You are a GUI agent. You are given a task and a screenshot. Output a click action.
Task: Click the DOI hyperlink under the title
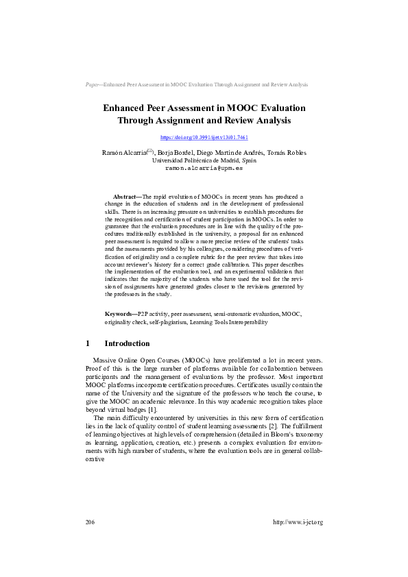click(204, 138)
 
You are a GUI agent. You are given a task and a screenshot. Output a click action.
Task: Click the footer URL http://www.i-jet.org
click(298, 522)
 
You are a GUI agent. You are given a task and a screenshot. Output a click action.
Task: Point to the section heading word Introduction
click(127, 343)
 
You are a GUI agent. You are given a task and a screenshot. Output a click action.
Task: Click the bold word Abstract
click(126, 196)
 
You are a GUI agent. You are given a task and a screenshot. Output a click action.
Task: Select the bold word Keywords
click(119, 312)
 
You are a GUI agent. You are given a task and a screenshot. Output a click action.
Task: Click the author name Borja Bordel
click(176, 152)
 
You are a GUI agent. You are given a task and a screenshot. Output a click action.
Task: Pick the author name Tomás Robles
click(287, 152)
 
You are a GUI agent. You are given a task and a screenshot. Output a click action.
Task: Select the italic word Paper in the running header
click(93, 84)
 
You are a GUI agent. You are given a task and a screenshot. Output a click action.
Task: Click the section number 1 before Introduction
click(87, 343)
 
